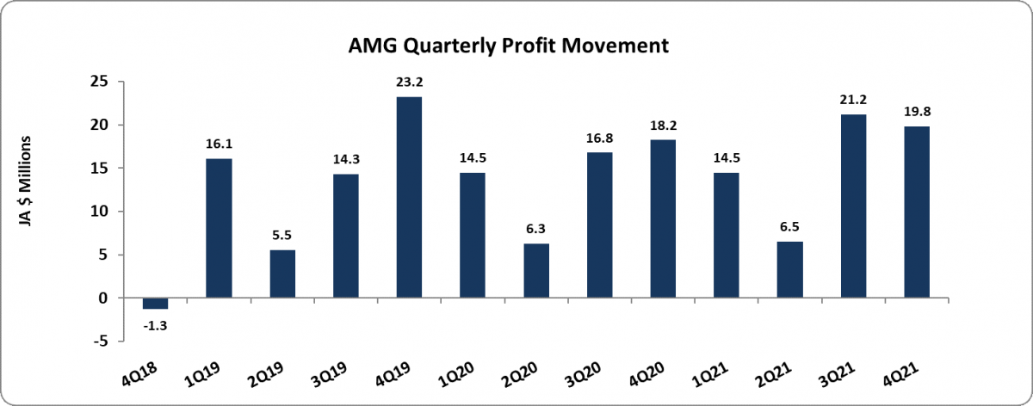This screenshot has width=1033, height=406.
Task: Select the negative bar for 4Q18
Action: coord(156,303)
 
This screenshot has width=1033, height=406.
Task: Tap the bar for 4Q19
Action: coord(409,197)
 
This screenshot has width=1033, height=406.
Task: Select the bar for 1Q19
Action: coord(219,228)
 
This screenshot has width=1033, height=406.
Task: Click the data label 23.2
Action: coord(409,83)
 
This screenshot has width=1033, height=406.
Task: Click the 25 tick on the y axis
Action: coord(102,82)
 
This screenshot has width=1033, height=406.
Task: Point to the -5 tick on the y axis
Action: coord(102,341)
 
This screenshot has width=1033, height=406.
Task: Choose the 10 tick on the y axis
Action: coord(102,212)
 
